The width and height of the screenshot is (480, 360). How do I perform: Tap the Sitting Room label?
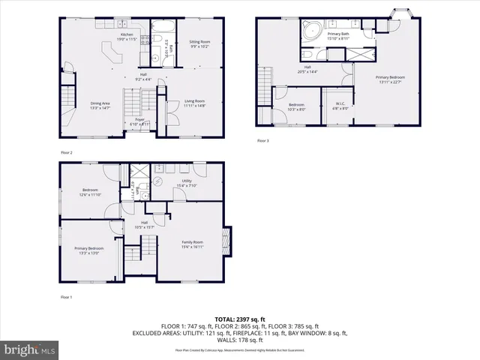coord(199,44)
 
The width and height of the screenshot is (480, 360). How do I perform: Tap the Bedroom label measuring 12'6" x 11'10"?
coord(90,193)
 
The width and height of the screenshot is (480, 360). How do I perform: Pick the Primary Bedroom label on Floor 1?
coord(88,250)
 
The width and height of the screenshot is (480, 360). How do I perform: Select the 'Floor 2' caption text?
coord(66,152)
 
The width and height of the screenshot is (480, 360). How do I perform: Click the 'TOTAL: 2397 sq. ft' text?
coord(239,319)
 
